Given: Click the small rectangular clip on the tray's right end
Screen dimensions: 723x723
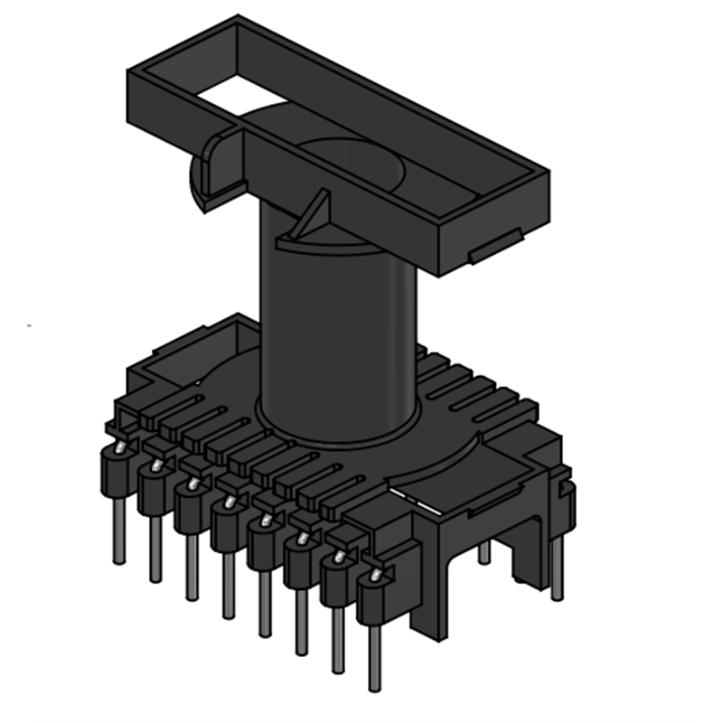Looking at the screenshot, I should coord(493,246).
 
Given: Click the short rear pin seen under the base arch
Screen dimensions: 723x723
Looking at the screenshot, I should coord(484,551).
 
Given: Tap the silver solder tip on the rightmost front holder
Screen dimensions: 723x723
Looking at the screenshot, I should coord(376,575).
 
